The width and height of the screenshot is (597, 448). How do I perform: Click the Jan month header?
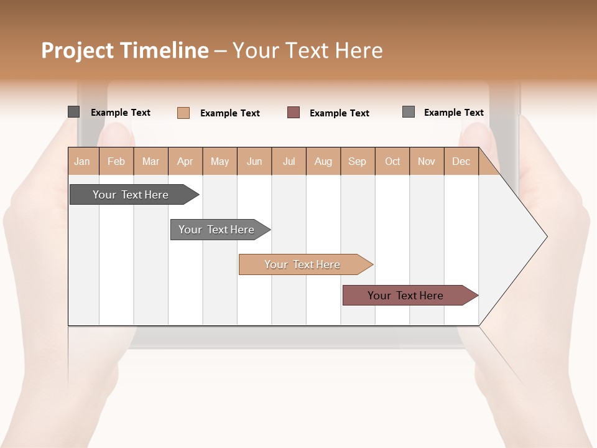coord(82,161)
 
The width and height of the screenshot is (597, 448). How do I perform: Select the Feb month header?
coord(116,161)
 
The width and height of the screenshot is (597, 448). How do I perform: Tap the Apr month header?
coord(185,161)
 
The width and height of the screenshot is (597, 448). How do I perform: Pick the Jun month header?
coord(254,161)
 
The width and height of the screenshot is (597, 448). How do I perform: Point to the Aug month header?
coord(323,161)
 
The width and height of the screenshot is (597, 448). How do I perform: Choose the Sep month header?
coord(357,161)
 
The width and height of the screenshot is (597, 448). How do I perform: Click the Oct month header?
coord(392,161)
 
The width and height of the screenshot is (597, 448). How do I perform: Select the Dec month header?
coord(461,161)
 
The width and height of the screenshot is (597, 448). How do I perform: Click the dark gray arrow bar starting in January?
coord(131,195)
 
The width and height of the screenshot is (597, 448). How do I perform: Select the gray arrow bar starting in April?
coord(216,230)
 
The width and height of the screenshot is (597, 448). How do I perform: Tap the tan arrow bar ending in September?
coord(302,264)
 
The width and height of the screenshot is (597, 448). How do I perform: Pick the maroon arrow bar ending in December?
coord(405,296)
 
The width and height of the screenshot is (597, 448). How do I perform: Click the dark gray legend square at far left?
coord(73,112)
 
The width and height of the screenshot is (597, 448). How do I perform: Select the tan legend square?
coord(183,113)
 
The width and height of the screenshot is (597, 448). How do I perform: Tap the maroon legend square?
coord(294,112)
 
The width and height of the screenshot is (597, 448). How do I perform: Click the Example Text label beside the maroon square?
coord(339,113)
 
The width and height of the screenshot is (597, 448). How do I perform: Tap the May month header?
coord(220,161)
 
